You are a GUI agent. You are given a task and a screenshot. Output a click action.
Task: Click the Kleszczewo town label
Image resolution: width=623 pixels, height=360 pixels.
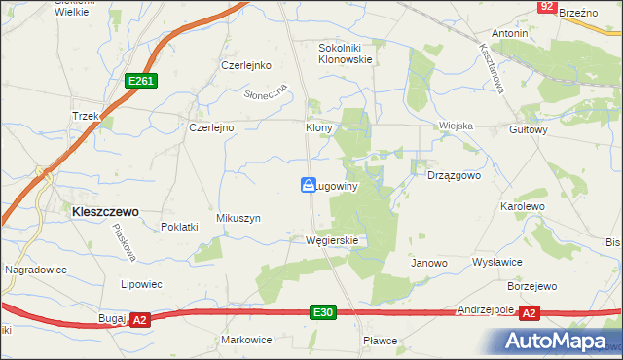[101, 209]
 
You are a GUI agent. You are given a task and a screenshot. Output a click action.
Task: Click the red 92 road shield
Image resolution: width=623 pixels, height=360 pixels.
[548, 7]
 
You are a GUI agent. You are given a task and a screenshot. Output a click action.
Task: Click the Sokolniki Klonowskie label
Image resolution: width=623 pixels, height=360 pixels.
[347, 53]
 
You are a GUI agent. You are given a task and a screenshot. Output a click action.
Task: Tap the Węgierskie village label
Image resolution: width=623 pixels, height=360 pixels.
[332, 240]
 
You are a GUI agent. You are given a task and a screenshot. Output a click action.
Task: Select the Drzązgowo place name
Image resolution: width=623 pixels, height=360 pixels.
[455, 176]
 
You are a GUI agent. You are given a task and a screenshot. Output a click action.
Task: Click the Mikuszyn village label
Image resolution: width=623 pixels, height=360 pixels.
[239, 219]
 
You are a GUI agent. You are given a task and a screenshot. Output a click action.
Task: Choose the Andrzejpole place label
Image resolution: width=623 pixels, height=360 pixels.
[486, 309]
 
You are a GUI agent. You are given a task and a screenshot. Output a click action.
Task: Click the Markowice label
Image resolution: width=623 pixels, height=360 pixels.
[246, 340]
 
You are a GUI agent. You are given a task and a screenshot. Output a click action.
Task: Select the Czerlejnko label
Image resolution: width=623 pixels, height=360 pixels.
[245, 65]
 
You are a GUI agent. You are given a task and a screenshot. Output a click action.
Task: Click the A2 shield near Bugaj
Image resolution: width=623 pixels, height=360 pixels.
[140, 319]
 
